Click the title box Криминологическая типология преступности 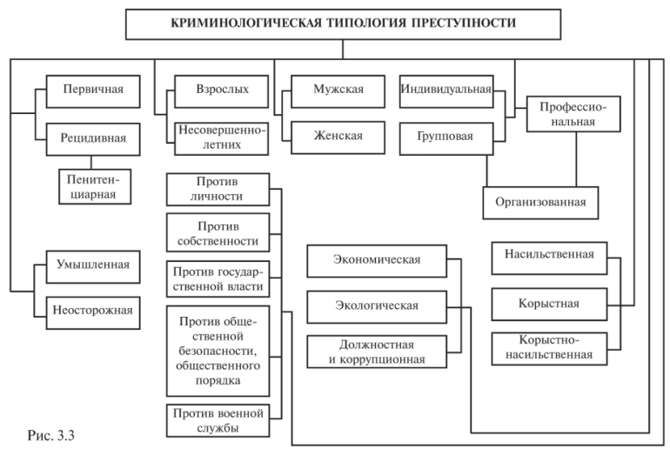click(x=342, y=23)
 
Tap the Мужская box click(x=338, y=89)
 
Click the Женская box click(x=338, y=136)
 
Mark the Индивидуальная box click(x=446, y=89)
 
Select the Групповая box click(x=446, y=136)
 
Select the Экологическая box click(x=377, y=305)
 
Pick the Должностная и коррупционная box click(x=377, y=351)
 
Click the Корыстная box click(x=549, y=304)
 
